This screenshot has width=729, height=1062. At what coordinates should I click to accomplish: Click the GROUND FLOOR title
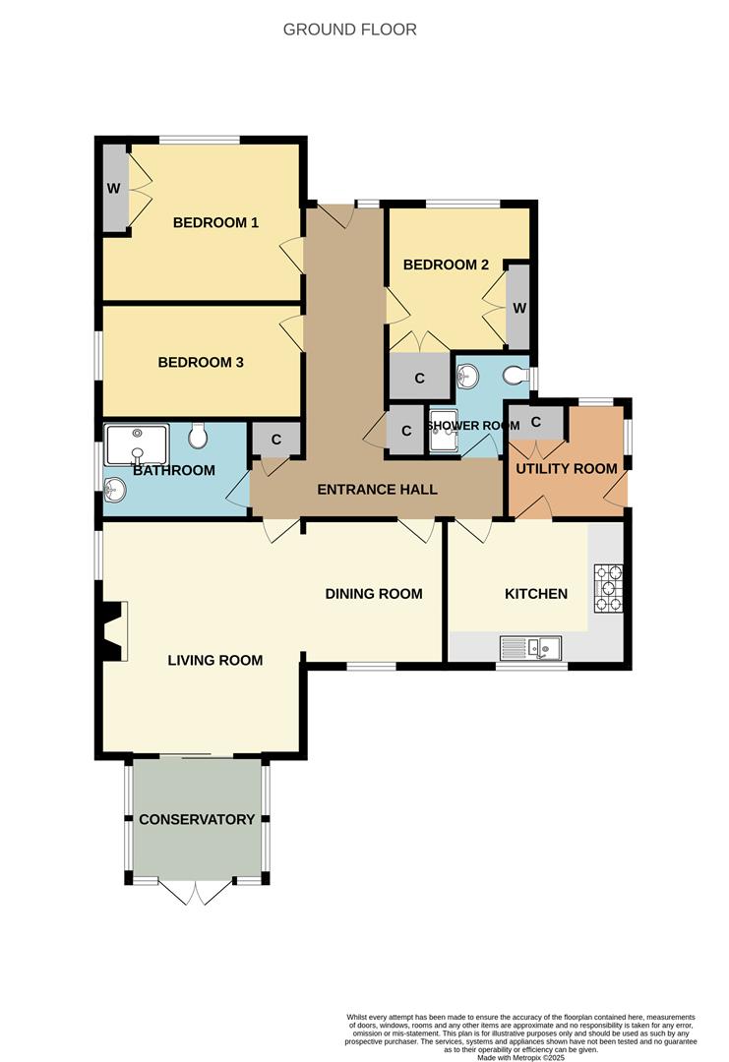pyautogui.click(x=349, y=29)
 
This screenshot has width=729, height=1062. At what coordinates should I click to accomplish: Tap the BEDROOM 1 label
pyautogui.click(x=215, y=222)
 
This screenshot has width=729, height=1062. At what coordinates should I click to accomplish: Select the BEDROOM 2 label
pyautogui.click(x=446, y=265)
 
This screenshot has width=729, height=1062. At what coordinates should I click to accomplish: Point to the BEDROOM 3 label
pyautogui.click(x=201, y=362)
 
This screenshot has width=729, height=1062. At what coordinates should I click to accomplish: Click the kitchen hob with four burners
pyautogui.click(x=608, y=589)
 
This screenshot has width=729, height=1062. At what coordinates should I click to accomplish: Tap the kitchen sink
pyautogui.click(x=530, y=647)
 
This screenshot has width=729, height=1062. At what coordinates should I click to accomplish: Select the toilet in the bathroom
pyautogui.click(x=197, y=434)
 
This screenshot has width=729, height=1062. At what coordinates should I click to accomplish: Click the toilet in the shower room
pyautogui.click(x=515, y=375)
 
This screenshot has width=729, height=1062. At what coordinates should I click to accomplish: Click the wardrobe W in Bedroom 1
pyautogui.click(x=114, y=188)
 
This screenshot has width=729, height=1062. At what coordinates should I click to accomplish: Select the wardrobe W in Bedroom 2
pyautogui.click(x=518, y=307)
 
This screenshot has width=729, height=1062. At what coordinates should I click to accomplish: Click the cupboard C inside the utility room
pyautogui.click(x=536, y=423)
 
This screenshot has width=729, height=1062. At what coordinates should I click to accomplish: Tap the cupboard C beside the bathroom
pyautogui.click(x=275, y=439)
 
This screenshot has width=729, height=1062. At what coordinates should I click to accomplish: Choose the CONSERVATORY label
pyautogui.click(x=197, y=819)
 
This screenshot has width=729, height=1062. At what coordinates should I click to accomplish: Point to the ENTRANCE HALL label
pyautogui.click(x=377, y=490)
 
